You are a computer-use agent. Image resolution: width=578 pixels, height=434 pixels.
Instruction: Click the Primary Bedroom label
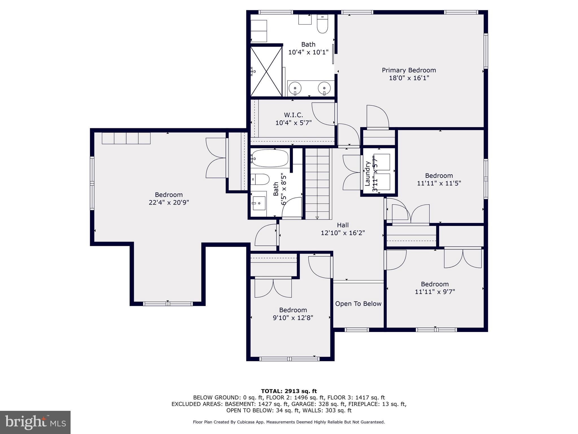pos(409,70)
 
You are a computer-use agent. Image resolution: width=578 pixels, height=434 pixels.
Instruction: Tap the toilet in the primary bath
pos(322,25)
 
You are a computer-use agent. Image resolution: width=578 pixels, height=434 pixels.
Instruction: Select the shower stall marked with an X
pos(266,71)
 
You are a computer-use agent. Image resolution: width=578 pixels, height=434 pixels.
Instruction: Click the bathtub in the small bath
pos(270,158)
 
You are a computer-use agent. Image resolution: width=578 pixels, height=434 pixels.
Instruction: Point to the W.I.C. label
pos(294,115)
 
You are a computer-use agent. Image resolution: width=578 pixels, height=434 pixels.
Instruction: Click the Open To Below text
pos(358,304)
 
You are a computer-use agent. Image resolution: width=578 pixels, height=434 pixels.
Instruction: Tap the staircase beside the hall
pos(317,184)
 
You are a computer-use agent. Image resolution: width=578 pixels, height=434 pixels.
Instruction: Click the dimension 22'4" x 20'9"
pos(169,203)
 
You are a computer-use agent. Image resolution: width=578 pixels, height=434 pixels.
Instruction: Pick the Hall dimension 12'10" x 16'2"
pos(343,233)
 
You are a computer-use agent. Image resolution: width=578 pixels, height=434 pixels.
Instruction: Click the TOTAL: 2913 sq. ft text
pos(289,391)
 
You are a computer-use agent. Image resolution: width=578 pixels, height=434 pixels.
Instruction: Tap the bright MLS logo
pos(35,422)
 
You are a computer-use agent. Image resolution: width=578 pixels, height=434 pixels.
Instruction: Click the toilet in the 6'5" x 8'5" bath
pos(260,179)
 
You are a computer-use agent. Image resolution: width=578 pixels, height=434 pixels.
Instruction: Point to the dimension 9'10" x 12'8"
pos(293,318)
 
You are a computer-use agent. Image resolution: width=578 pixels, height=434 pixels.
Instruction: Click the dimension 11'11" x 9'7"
pos(435,292)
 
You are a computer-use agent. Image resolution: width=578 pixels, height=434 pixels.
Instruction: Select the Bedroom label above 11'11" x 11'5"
pos(439,175)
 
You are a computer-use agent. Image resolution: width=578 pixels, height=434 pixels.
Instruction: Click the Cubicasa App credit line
pos(289,422)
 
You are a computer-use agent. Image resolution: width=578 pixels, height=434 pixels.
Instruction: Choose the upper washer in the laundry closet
pos(383,162)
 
